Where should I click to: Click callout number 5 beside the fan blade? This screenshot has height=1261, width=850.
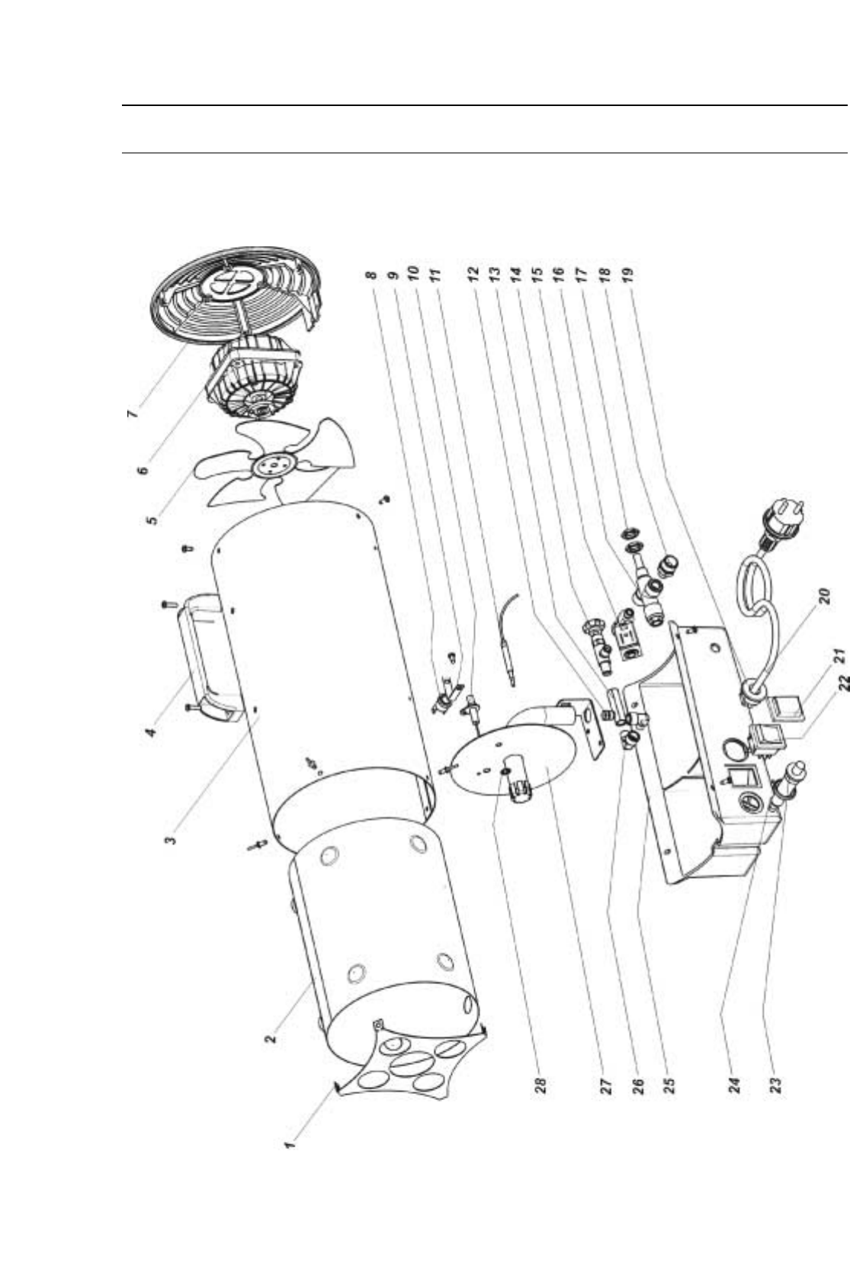(x=153, y=518)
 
